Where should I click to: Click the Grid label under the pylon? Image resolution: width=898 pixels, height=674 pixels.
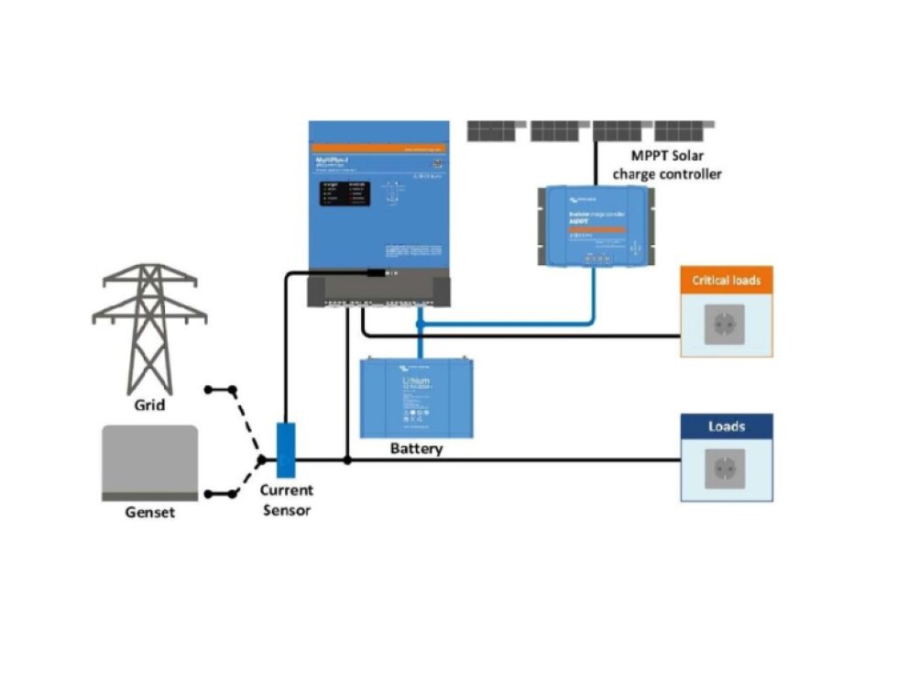tap(149, 403)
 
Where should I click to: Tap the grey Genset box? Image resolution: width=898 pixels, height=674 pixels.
tap(149, 460)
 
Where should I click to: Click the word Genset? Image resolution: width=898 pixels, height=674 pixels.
tap(149, 512)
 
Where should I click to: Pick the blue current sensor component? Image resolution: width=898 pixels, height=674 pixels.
tap(286, 449)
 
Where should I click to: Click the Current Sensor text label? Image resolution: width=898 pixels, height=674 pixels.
tap(286, 501)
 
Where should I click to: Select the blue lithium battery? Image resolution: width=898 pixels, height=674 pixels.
tap(418, 398)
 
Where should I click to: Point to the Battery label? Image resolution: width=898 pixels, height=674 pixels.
tap(416, 448)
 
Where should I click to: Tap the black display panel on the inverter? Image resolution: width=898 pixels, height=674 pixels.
tap(345, 193)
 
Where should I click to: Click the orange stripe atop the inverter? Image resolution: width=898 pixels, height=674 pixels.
tap(378, 148)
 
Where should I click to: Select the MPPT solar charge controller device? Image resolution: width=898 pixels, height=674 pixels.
tap(597, 225)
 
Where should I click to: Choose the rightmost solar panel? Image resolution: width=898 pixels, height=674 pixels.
tap(684, 130)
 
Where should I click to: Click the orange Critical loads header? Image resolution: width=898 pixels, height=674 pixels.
tap(726, 280)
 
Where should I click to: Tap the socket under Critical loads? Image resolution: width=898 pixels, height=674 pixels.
tap(724, 326)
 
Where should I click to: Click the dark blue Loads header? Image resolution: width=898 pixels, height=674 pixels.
tap(726, 426)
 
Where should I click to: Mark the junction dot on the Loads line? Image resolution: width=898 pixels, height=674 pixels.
tap(347, 459)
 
